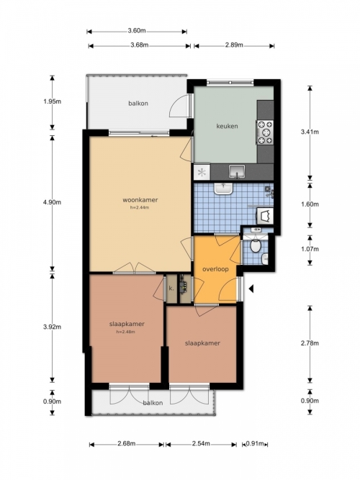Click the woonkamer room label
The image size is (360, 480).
coord(140,200)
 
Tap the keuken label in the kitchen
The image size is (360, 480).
coord(227,126)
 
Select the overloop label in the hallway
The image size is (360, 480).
coord(216,269)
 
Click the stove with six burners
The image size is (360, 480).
coord(265,132)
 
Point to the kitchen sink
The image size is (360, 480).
coord(237,171)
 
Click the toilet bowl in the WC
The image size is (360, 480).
coord(255,245)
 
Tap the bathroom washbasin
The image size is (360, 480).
coord(224,189)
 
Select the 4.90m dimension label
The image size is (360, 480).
coord(52,202)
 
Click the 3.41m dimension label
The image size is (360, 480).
coord(310,132)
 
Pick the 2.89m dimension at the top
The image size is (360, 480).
coord(234,45)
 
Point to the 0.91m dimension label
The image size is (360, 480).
coord(255,443)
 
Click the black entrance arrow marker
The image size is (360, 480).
coord(251,289)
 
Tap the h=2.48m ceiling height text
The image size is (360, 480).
coord(125,332)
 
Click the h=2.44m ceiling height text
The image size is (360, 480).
coord(140,207)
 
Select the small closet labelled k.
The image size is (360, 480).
coord(171,289)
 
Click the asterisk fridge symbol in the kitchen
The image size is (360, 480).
coord(202,172)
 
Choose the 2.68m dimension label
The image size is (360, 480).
coord(127,443)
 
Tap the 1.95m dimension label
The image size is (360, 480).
coord(52,101)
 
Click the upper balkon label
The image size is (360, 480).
coord(138,103)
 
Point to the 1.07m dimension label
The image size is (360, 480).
coord(310,249)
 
